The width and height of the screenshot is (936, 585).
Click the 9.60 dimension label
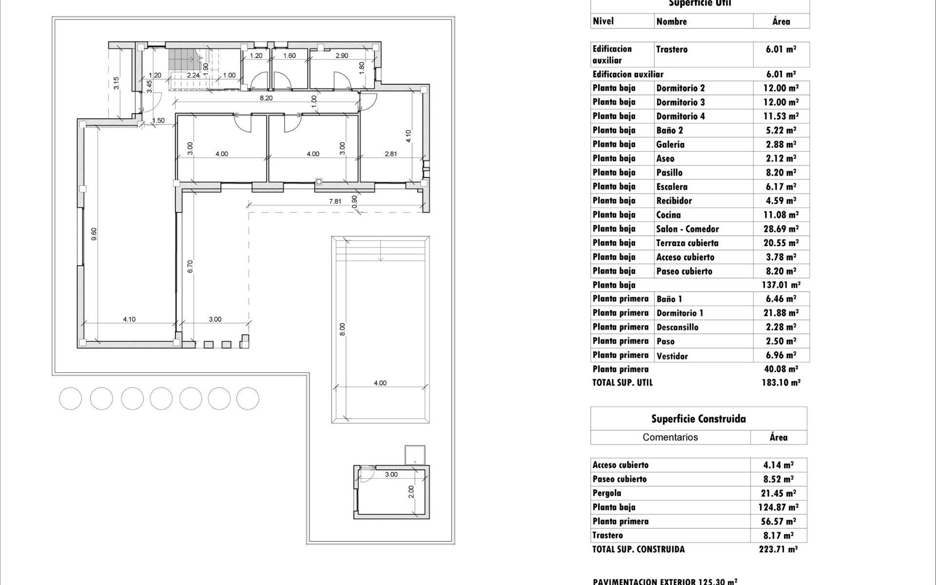coord(94,234)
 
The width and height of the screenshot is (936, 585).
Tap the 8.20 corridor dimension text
coord(266,98)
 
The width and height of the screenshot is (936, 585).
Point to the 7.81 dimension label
coord(335,201)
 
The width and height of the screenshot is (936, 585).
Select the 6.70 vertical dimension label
coord(191,266)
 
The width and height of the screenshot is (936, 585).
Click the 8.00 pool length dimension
coord(342,329)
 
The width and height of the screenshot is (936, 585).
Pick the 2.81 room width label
coord(391,154)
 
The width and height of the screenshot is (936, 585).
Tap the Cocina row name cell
coord(668,215)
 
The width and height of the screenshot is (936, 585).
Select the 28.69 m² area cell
coord(781,229)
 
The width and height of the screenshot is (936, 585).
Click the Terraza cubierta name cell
coord(687,243)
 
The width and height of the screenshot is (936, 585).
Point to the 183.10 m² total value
coord(781,383)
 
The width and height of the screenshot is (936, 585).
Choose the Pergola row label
coord(607,493)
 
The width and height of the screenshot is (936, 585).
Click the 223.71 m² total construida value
coord(778,549)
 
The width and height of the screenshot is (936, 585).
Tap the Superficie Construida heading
coord(699,419)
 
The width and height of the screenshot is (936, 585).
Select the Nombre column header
coord(672,21)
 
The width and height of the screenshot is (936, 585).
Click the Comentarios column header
coord(670,437)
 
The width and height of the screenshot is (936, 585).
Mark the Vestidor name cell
coord(672,356)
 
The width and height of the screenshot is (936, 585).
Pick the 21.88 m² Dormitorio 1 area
coord(781,313)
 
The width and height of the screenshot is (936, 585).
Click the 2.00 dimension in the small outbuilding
coord(411,491)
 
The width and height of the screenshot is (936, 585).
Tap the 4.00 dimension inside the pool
coord(380,383)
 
